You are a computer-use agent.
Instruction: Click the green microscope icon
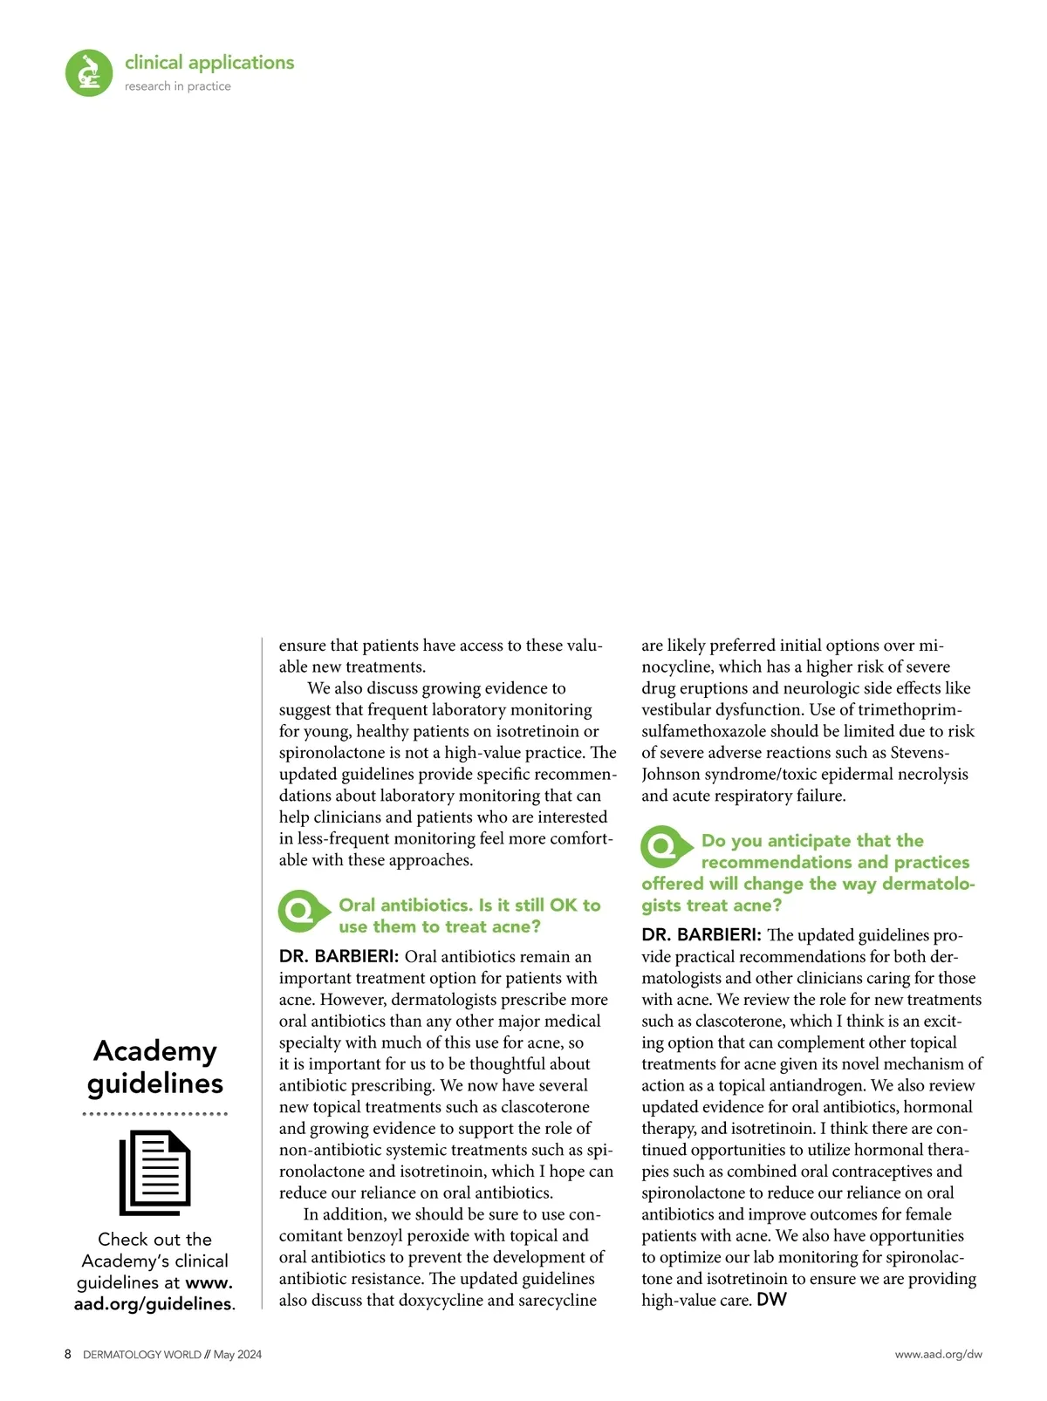(89, 72)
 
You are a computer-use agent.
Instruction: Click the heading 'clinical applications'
(209, 63)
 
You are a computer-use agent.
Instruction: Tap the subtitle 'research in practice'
(178, 86)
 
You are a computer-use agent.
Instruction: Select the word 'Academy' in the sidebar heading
(155, 1051)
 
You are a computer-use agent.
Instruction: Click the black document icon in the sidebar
(155, 1172)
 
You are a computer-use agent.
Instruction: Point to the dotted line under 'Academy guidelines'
(155, 1114)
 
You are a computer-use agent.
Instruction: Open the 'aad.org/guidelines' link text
(153, 1304)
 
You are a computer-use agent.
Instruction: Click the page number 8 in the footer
(68, 1355)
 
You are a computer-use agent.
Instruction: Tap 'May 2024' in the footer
(237, 1355)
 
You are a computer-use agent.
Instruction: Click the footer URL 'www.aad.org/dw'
(938, 1355)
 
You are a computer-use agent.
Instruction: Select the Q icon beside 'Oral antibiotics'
(299, 912)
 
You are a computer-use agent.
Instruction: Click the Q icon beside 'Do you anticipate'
(662, 846)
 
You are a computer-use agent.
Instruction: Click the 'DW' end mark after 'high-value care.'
(771, 1300)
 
